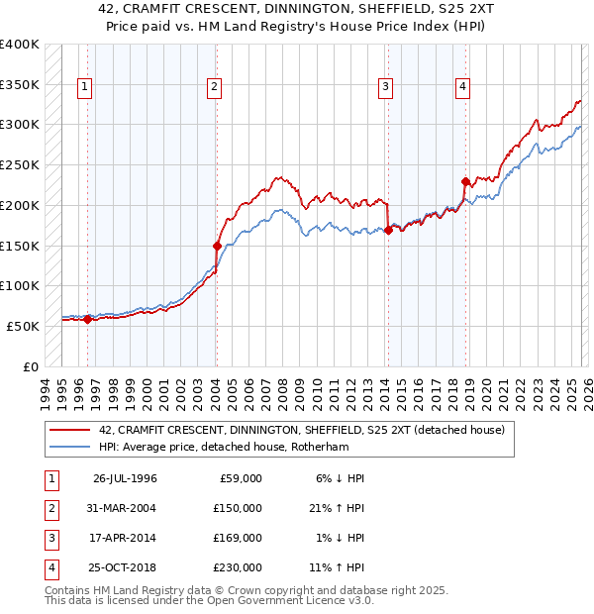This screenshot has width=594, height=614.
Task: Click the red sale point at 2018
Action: (x=465, y=181)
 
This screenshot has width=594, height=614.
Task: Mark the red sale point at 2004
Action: (x=217, y=246)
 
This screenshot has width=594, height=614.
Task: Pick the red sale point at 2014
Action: (x=387, y=231)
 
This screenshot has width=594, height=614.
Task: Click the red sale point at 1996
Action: (x=87, y=319)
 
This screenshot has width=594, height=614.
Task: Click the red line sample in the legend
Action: (x=69, y=430)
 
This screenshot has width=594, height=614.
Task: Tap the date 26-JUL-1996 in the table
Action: (x=125, y=478)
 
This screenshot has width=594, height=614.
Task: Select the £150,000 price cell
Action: (x=239, y=508)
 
